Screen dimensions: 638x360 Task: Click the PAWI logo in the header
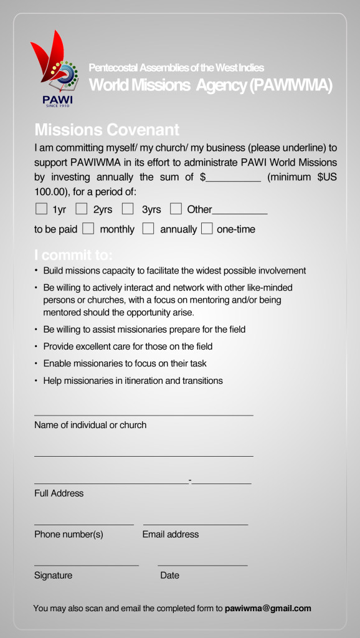[54, 70]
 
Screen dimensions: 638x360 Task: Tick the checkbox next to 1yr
[41, 209]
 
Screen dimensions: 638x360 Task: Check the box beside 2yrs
[82, 209]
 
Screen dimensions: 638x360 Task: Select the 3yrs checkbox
[128, 209]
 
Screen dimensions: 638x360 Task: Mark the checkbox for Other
[176, 209]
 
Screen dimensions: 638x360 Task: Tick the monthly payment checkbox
[88, 229]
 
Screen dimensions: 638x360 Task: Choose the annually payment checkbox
[148, 229]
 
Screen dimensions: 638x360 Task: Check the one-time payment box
[207, 229]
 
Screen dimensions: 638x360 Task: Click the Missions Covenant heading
[107, 130]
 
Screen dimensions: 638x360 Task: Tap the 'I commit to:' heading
[73, 255]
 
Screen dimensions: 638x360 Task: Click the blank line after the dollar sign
[234, 178]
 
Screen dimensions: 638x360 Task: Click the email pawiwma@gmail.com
[268, 608]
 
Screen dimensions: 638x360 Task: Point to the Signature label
[53, 575]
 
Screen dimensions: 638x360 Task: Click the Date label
[169, 575]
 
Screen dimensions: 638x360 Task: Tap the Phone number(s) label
[69, 534]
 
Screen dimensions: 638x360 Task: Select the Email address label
[171, 534]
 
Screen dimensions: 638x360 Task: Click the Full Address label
[59, 493]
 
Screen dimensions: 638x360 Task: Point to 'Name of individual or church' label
[90, 425]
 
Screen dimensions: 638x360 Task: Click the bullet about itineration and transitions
[133, 380]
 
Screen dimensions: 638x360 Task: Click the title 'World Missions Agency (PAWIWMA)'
[211, 85]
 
